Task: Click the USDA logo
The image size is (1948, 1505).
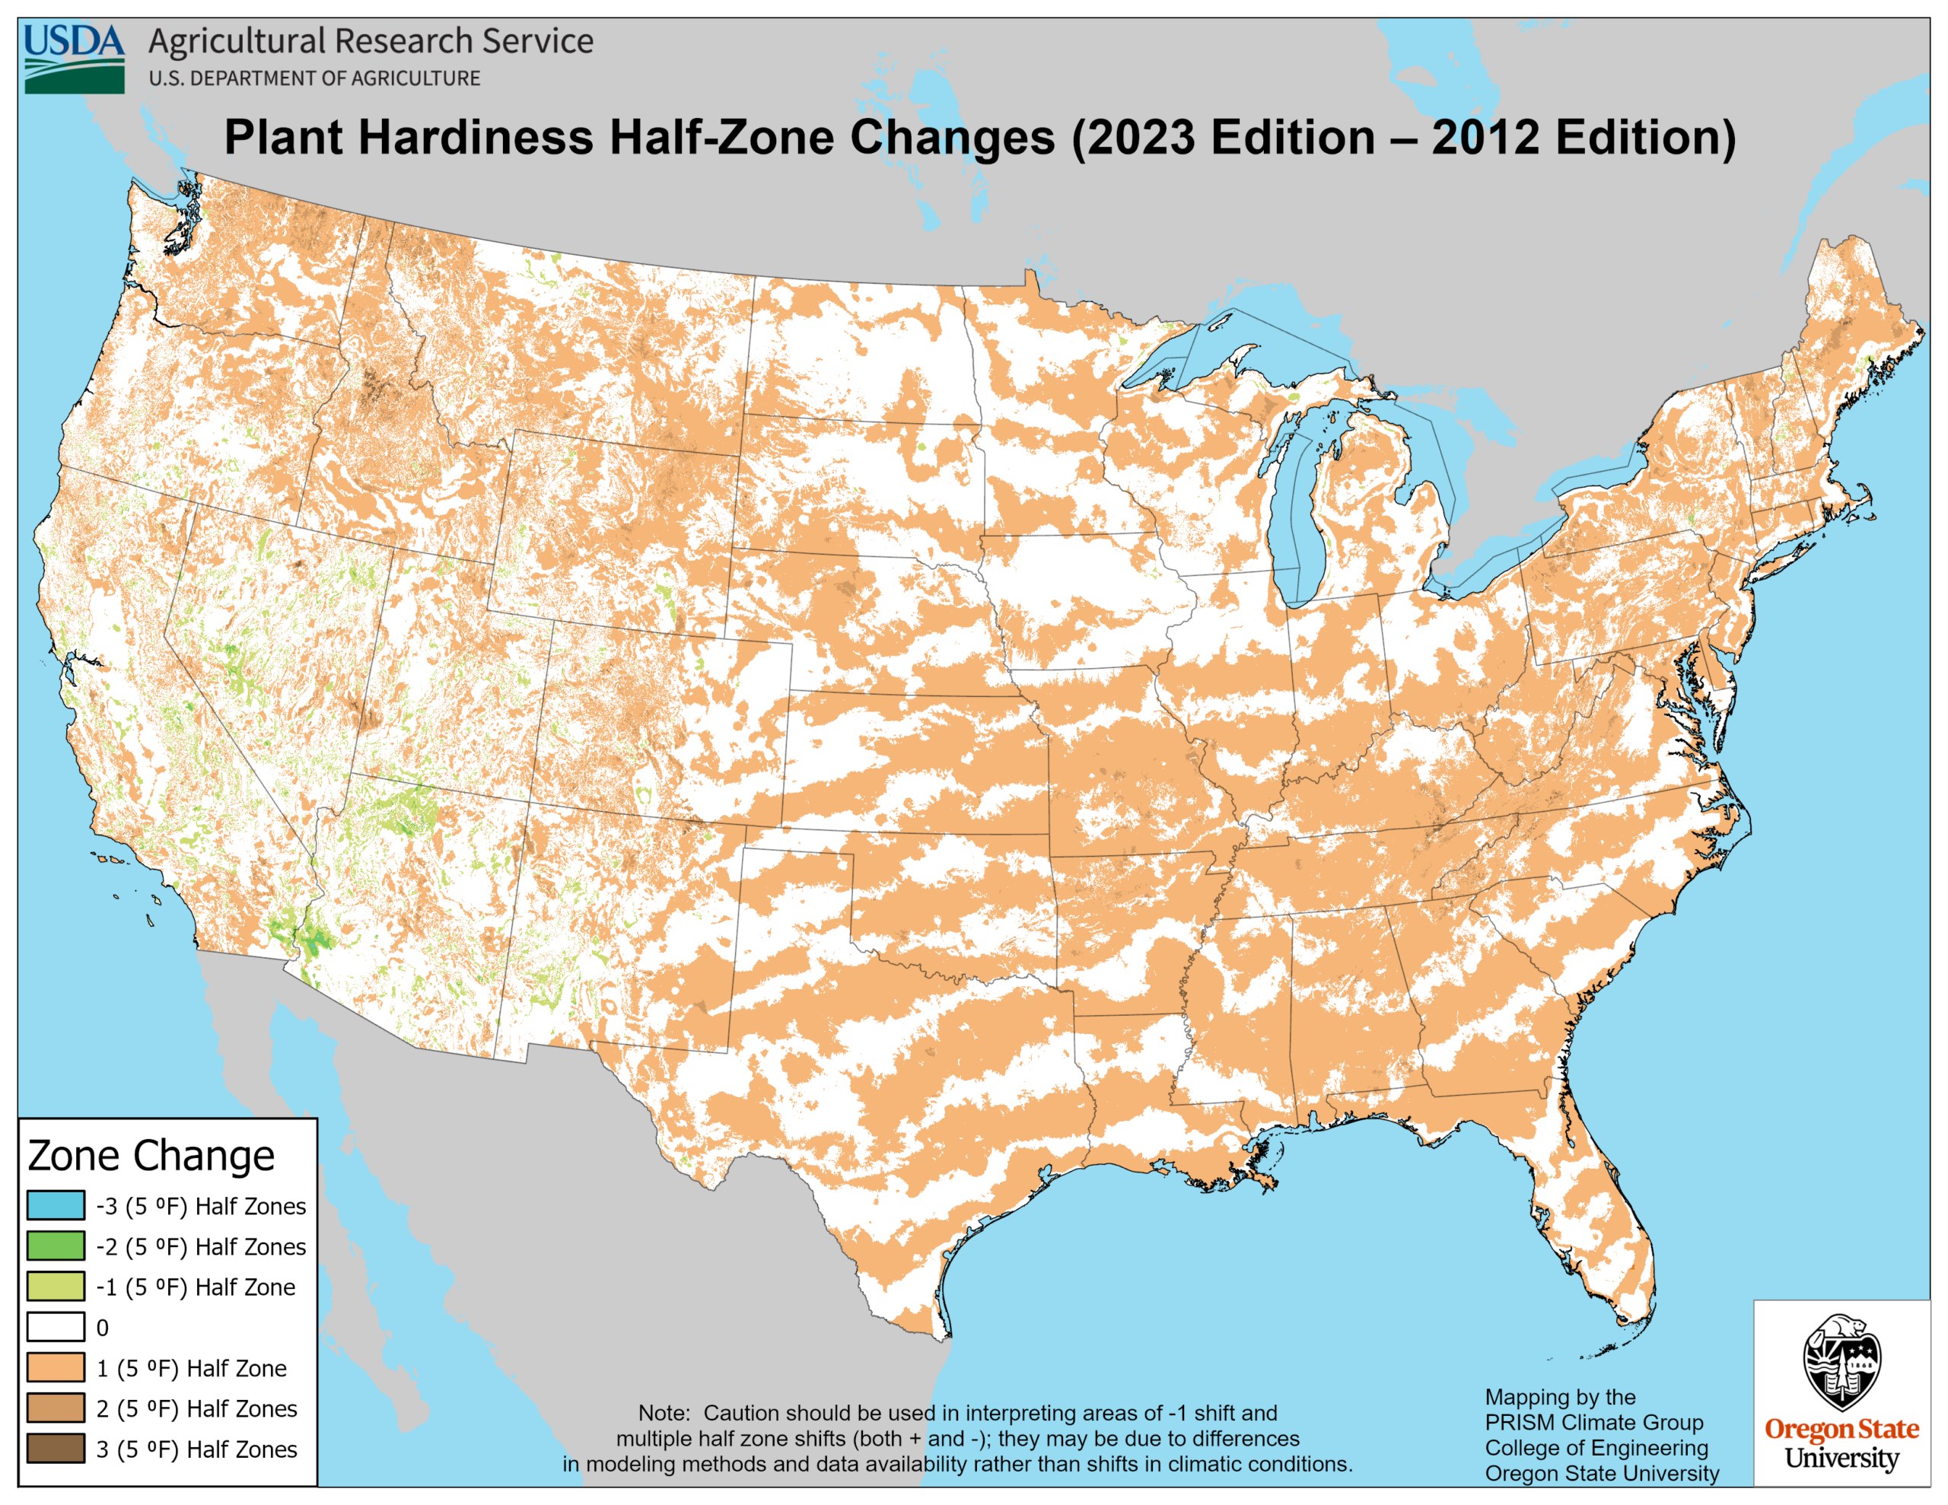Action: click(x=74, y=58)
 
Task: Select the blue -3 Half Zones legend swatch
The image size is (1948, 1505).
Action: click(x=56, y=1205)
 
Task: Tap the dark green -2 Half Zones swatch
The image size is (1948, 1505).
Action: click(x=56, y=1246)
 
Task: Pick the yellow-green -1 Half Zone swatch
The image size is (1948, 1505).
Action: click(x=56, y=1287)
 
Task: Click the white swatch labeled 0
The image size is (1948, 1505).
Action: click(x=56, y=1327)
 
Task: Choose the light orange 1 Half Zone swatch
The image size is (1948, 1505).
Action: click(x=56, y=1367)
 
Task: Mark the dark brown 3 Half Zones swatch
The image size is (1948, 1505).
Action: click(x=56, y=1449)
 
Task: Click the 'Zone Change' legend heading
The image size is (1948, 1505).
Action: click(x=151, y=1155)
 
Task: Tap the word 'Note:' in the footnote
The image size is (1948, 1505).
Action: click(x=664, y=1413)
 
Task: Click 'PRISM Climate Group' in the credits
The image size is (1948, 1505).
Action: click(x=1594, y=1423)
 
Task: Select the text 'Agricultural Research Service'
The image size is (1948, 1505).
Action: click(x=370, y=41)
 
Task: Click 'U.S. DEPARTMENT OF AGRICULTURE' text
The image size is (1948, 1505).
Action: click(x=314, y=78)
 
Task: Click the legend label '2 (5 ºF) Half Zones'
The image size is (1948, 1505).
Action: click(x=196, y=1408)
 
